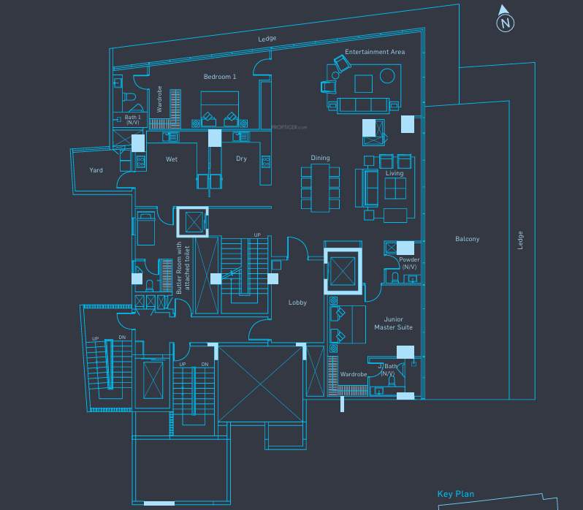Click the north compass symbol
click(x=505, y=21)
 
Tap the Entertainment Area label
click(x=374, y=53)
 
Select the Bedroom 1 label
click(x=220, y=77)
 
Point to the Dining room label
click(x=320, y=158)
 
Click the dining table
click(x=321, y=188)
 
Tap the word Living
click(x=395, y=174)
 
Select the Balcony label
click(x=467, y=239)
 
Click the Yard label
click(x=96, y=170)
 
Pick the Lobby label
click(x=297, y=302)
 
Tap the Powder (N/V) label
click(x=409, y=263)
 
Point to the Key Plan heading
click(x=455, y=495)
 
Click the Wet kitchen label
click(x=172, y=159)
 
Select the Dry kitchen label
click(x=241, y=159)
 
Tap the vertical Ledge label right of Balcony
click(x=521, y=240)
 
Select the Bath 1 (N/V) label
click(x=132, y=120)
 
